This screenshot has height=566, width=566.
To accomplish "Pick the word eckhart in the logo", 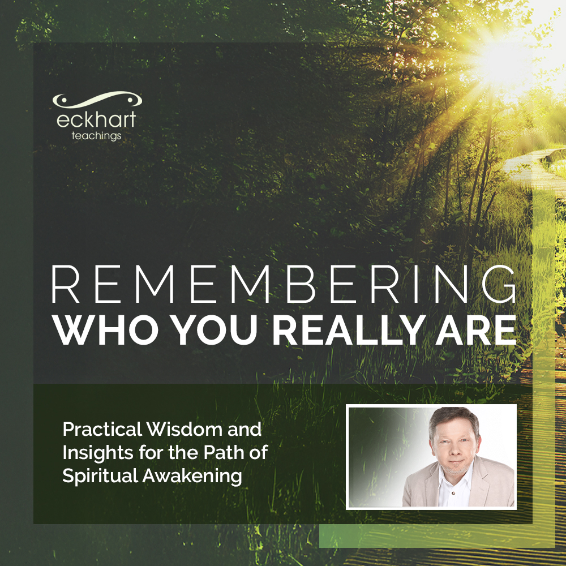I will coord(96,121).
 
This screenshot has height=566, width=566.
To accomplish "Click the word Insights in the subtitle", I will coord(96,453).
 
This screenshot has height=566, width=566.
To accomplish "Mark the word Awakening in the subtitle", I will coord(192,476).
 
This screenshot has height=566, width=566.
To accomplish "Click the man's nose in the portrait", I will coord(450,450).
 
